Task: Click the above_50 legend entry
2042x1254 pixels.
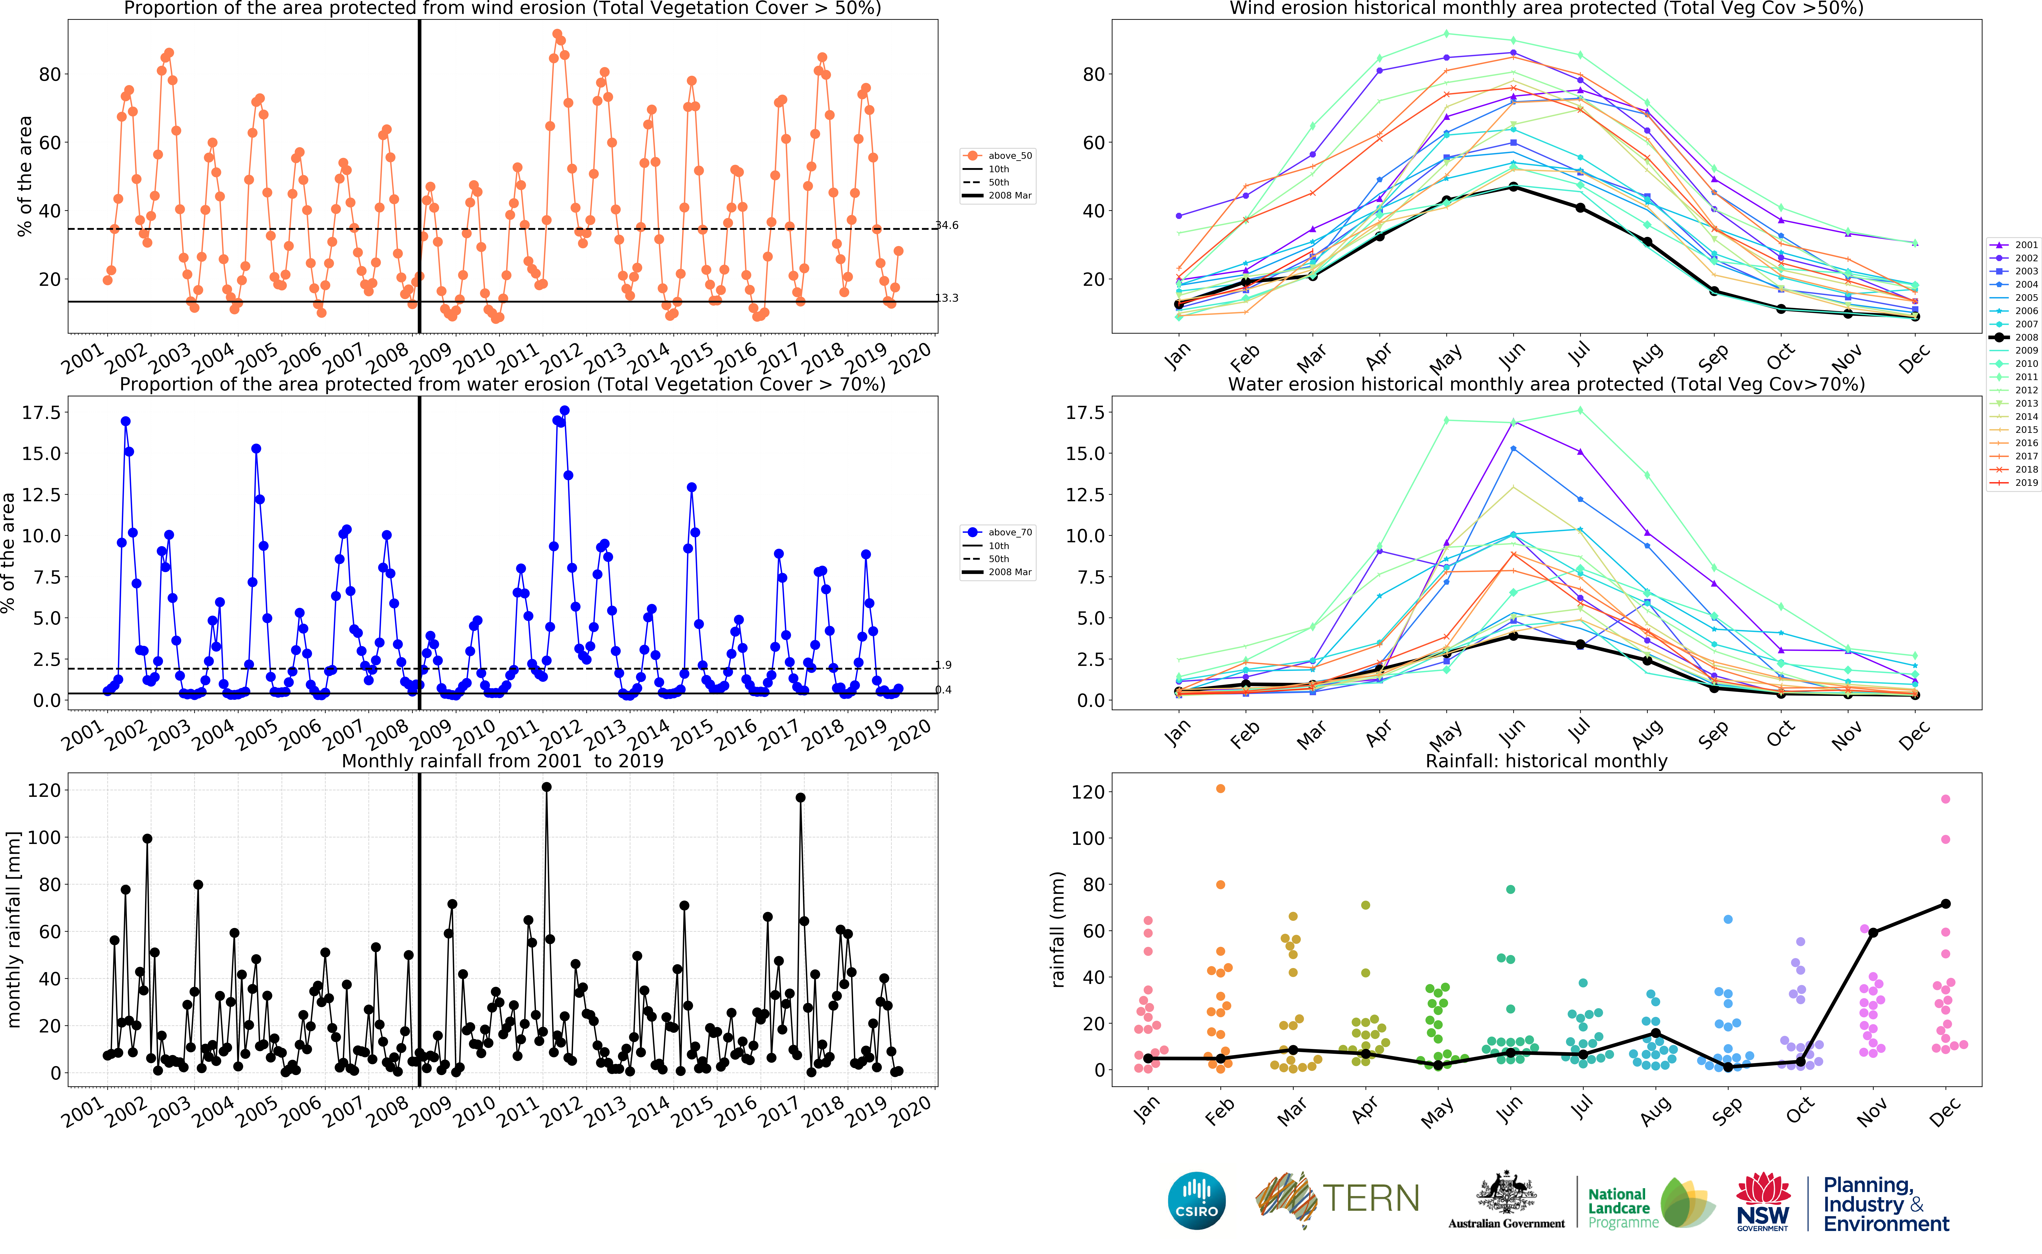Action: tap(998, 156)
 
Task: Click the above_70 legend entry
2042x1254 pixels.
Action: tap(998, 533)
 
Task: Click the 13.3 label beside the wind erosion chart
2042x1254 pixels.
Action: tap(947, 298)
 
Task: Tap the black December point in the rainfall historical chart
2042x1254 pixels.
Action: tap(1946, 904)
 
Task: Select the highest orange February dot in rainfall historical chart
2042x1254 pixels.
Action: tap(1220, 789)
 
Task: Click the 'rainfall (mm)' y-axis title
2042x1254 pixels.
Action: tap(1057, 929)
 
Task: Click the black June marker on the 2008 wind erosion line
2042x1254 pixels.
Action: tap(1513, 187)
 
